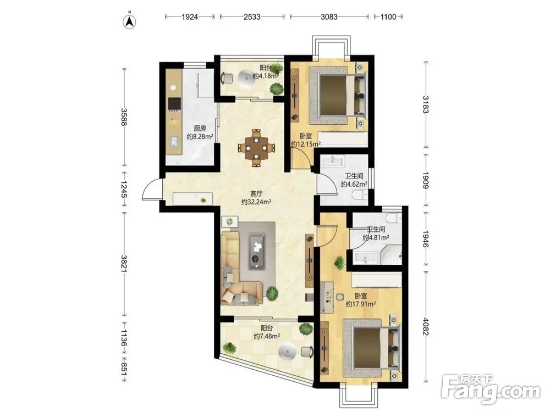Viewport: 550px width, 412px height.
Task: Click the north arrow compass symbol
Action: [129, 21]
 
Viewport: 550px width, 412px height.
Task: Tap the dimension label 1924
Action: [189, 16]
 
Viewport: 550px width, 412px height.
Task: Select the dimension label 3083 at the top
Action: [329, 16]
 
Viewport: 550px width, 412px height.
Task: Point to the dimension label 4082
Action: [426, 326]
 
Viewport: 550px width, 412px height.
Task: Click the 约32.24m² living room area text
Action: [256, 202]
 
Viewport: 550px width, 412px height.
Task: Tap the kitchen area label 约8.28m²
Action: [200, 137]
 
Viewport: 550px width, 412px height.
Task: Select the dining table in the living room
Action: [256, 147]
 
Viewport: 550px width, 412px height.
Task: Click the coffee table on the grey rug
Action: [257, 251]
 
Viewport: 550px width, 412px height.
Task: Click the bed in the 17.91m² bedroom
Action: [372, 349]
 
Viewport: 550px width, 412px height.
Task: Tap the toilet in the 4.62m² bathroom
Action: [361, 194]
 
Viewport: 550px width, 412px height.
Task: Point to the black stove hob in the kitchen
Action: [175, 104]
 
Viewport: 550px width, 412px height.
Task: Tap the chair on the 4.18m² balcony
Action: [227, 78]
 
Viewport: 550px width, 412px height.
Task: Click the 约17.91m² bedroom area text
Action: [361, 304]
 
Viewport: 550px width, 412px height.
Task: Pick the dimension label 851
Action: [123, 370]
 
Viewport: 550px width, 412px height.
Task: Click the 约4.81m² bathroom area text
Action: [376, 238]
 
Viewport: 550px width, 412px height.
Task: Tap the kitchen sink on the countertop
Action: [174, 142]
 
